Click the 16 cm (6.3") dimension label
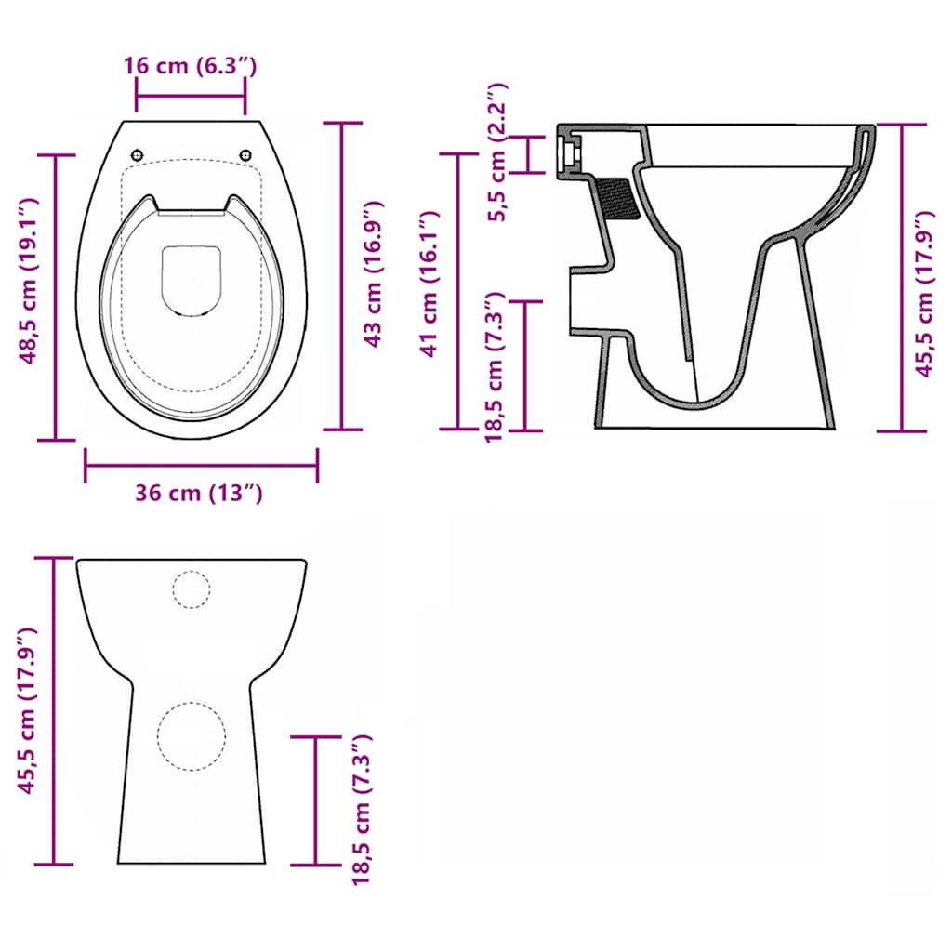[190, 66]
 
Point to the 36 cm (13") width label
[199, 493]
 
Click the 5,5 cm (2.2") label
[498, 152]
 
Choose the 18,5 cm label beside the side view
[496, 365]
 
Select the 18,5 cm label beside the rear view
[362, 808]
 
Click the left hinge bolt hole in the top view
[138, 154]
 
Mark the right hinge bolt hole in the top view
[246, 154]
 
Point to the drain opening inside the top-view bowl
[192, 280]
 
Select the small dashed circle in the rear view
[192, 589]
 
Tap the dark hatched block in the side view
[618, 198]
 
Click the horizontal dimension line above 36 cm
[201, 465]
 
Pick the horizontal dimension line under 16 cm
[191, 93]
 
